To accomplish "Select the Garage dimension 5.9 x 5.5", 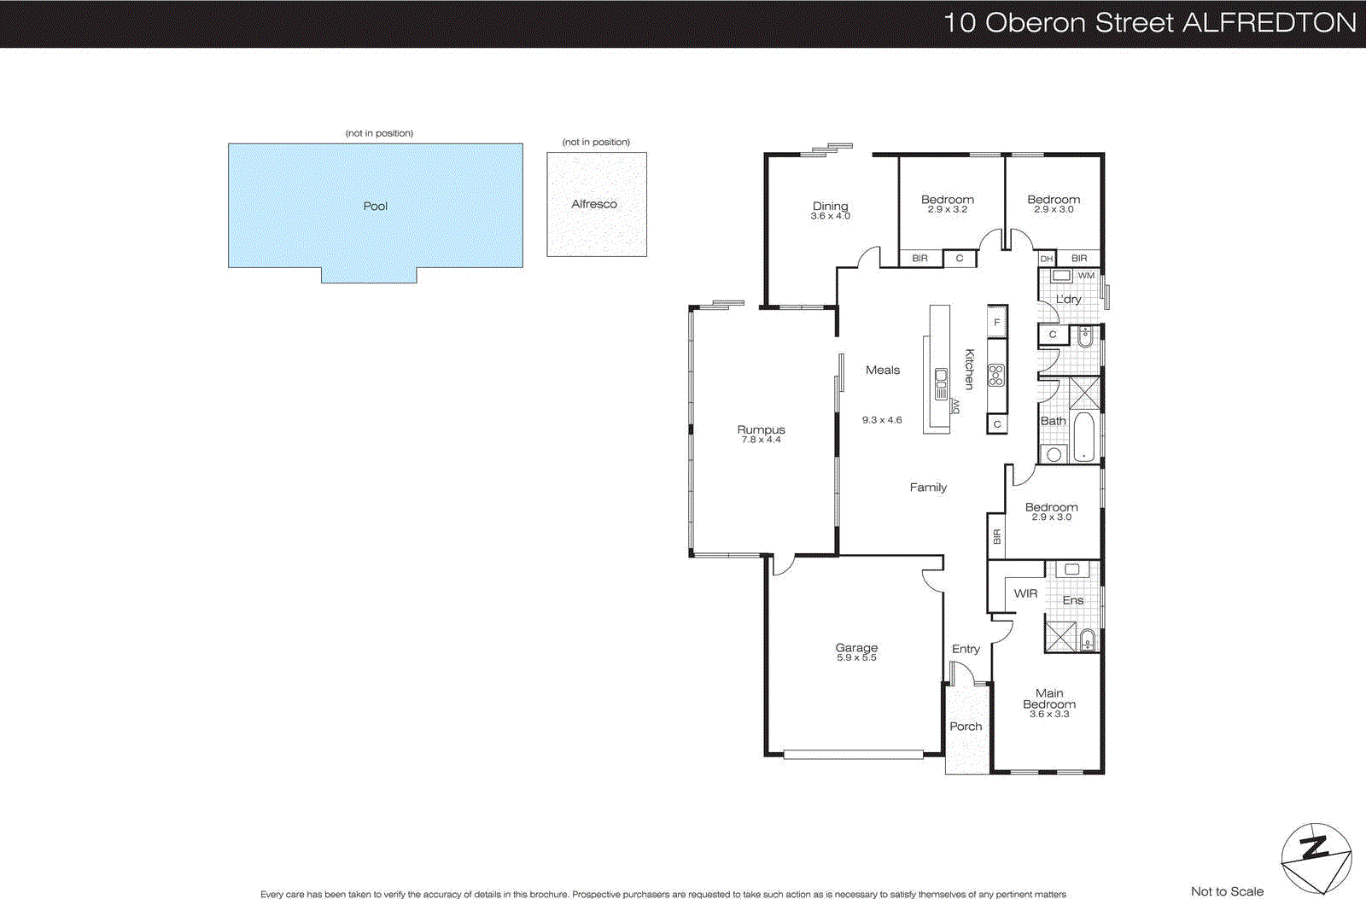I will pyautogui.click(x=856, y=658).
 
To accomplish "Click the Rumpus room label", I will pyautogui.click(x=761, y=429).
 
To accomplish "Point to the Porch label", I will pyautogui.click(x=966, y=727).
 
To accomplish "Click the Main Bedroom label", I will pyautogui.click(x=1049, y=698).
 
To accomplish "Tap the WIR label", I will pyautogui.click(x=1025, y=593).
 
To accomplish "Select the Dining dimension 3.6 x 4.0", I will pyautogui.click(x=830, y=217).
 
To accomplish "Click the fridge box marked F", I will pyautogui.click(x=996, y=322).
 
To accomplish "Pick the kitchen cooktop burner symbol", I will pyautogui.click(x=996, y=375).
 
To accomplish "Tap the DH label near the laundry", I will pyautogui.click(x=1047, y=259).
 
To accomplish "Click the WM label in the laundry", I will pyautogui.click(x=1086, y=276).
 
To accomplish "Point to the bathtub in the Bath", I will pyautogui.click(x=1084, y=436).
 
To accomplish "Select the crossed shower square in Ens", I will pyautogui.click(x=1061, y=638).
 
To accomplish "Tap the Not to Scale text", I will pyautogui.click(x=1227, y=891).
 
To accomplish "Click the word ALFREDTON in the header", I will pyautogui.click(x=1269, y=23).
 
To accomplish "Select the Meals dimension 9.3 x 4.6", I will pyautogui.click(x=882, y=420).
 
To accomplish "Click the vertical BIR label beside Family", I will pyautogui.click(x=996, y=536).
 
